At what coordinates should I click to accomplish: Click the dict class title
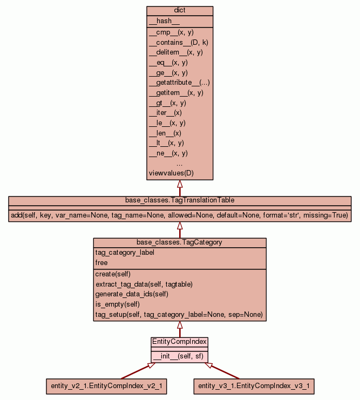click(180, 11)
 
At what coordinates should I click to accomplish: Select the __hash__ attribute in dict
click(160, 21)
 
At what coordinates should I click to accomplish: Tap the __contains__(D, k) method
click(175, 42)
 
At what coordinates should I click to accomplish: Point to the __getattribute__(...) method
click(179, 83)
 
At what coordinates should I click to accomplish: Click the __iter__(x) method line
click(165, 113)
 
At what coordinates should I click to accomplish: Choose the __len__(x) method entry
click(165, 133)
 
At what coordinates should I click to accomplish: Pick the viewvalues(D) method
click(171, 173)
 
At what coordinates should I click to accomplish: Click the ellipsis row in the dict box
click(179, 163)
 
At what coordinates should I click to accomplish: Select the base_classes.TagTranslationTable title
click(180, 200)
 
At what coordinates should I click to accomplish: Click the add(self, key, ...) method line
click(180, 215)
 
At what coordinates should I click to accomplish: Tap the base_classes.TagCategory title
click(179, 242)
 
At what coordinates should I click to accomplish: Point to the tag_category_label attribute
click(122, 253)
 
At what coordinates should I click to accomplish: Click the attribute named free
click(101, 263)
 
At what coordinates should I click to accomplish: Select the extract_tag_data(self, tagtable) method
click(144, 284)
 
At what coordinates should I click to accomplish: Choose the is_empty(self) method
click(117, 304)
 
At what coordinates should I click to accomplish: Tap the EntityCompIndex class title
click(179, 342)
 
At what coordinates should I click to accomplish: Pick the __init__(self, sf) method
click(179, 356)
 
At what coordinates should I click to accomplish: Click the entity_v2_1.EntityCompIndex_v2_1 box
click(106, 386)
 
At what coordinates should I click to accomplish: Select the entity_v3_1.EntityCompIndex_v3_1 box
click(253, 386)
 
